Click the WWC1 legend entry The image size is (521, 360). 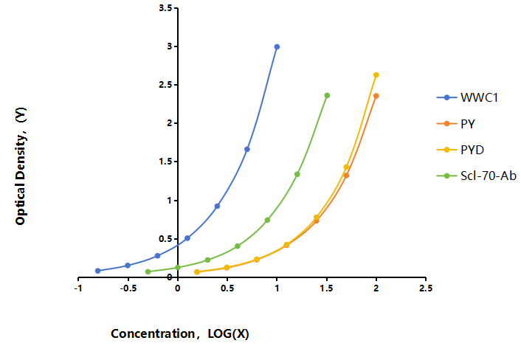coord(467,97)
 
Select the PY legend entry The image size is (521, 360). coord(456,124)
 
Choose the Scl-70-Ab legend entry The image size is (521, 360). coord(477,176)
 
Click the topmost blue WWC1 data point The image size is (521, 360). coord(277,46)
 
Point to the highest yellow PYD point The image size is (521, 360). coord(376,75)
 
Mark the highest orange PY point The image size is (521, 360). coord(376,96)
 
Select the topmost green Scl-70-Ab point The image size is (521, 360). coord(327,96)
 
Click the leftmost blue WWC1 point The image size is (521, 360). coord(97,271)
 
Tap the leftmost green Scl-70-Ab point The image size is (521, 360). coord(148,271)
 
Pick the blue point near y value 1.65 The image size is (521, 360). coord(247,150)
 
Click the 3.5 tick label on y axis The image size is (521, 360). coord(165,8)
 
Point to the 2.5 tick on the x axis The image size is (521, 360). coord(426,288)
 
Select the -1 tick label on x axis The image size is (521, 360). coord(78,288)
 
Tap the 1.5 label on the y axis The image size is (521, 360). coord(165,162)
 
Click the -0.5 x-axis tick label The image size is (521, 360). coord(128,288)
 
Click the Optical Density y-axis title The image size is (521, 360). coord(21,167)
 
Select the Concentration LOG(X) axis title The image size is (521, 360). coord(180,333)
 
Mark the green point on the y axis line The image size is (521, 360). coord(178,267)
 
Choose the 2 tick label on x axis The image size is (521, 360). coord(376,288)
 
